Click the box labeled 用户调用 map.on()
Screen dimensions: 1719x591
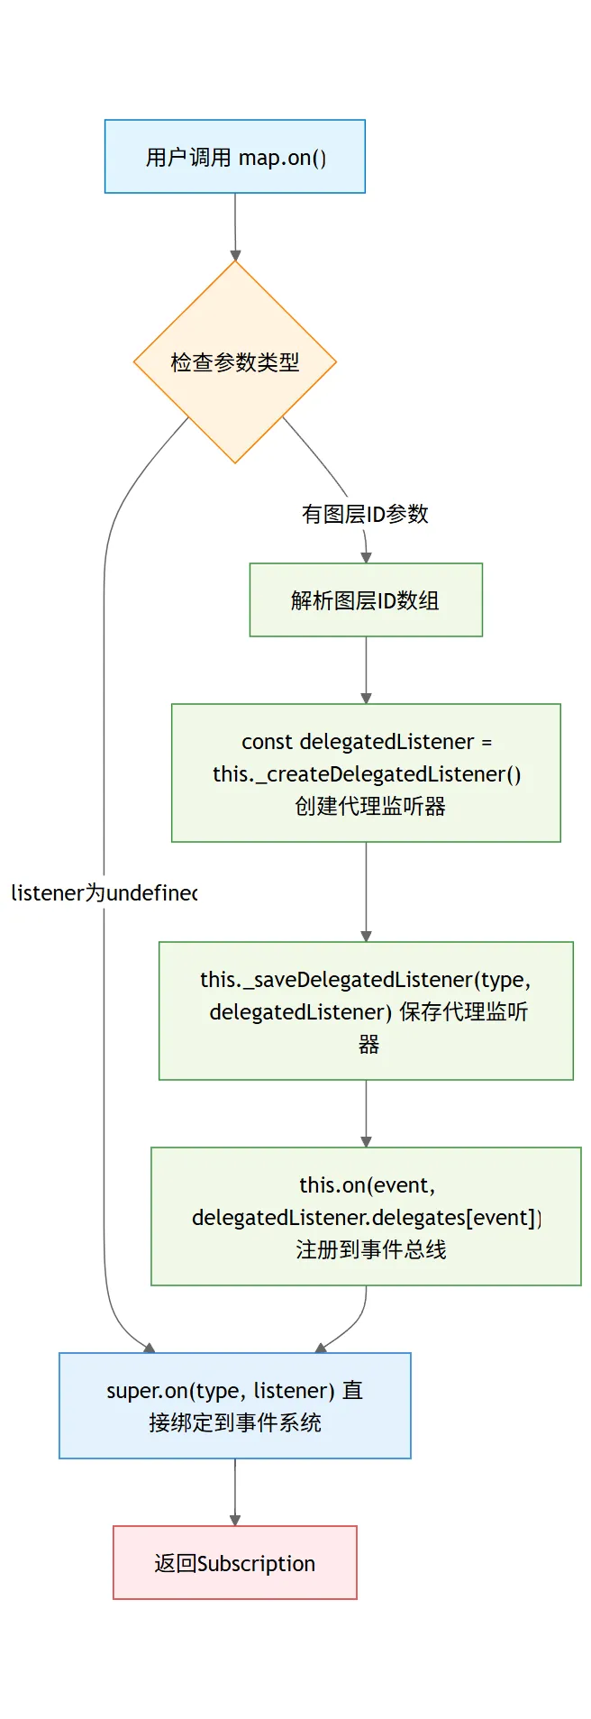[234, 156]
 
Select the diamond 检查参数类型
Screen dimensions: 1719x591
[234, 362]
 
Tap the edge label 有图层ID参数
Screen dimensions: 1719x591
[365, 514]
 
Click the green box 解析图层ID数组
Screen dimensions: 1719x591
[366, 600]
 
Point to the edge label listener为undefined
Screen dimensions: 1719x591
[104, 893]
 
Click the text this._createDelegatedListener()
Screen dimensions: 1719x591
[367, 774]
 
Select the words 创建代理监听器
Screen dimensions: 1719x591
[369, 806]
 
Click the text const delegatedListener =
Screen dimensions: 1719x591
[367, 742]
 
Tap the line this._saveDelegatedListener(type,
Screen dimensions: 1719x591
[365, 980]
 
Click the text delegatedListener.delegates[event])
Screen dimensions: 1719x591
[367, 1218]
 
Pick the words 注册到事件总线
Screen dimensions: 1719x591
[370, 1249]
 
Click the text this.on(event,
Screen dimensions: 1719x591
[367, 1185]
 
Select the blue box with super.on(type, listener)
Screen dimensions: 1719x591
[234, 1405]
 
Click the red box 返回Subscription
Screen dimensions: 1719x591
[234, 1563]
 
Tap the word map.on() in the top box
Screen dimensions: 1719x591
[282, 157]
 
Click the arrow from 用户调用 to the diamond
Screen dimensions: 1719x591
[235, 226]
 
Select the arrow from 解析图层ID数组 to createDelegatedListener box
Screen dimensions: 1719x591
[366, 670]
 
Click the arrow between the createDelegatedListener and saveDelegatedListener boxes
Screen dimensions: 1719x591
[366, 892]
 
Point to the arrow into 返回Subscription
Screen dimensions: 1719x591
[235, 1492]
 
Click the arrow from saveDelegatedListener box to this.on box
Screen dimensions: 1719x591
[366, 1113]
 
